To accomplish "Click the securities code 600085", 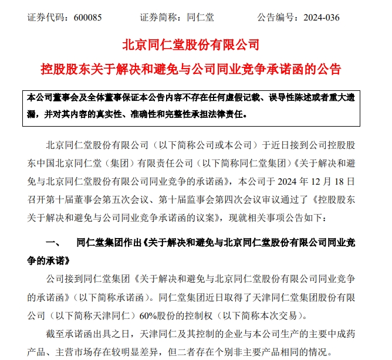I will click(x=89, y=17).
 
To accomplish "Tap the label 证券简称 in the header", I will click(x=157, y=17).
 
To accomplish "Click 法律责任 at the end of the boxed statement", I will click(x=229, y=114).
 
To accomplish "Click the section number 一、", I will click(x=50, y=242).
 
